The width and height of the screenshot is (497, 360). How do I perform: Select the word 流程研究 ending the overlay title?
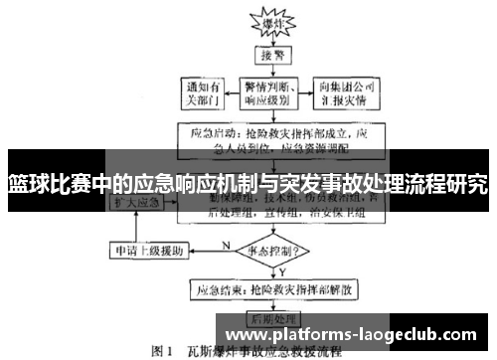447,184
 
